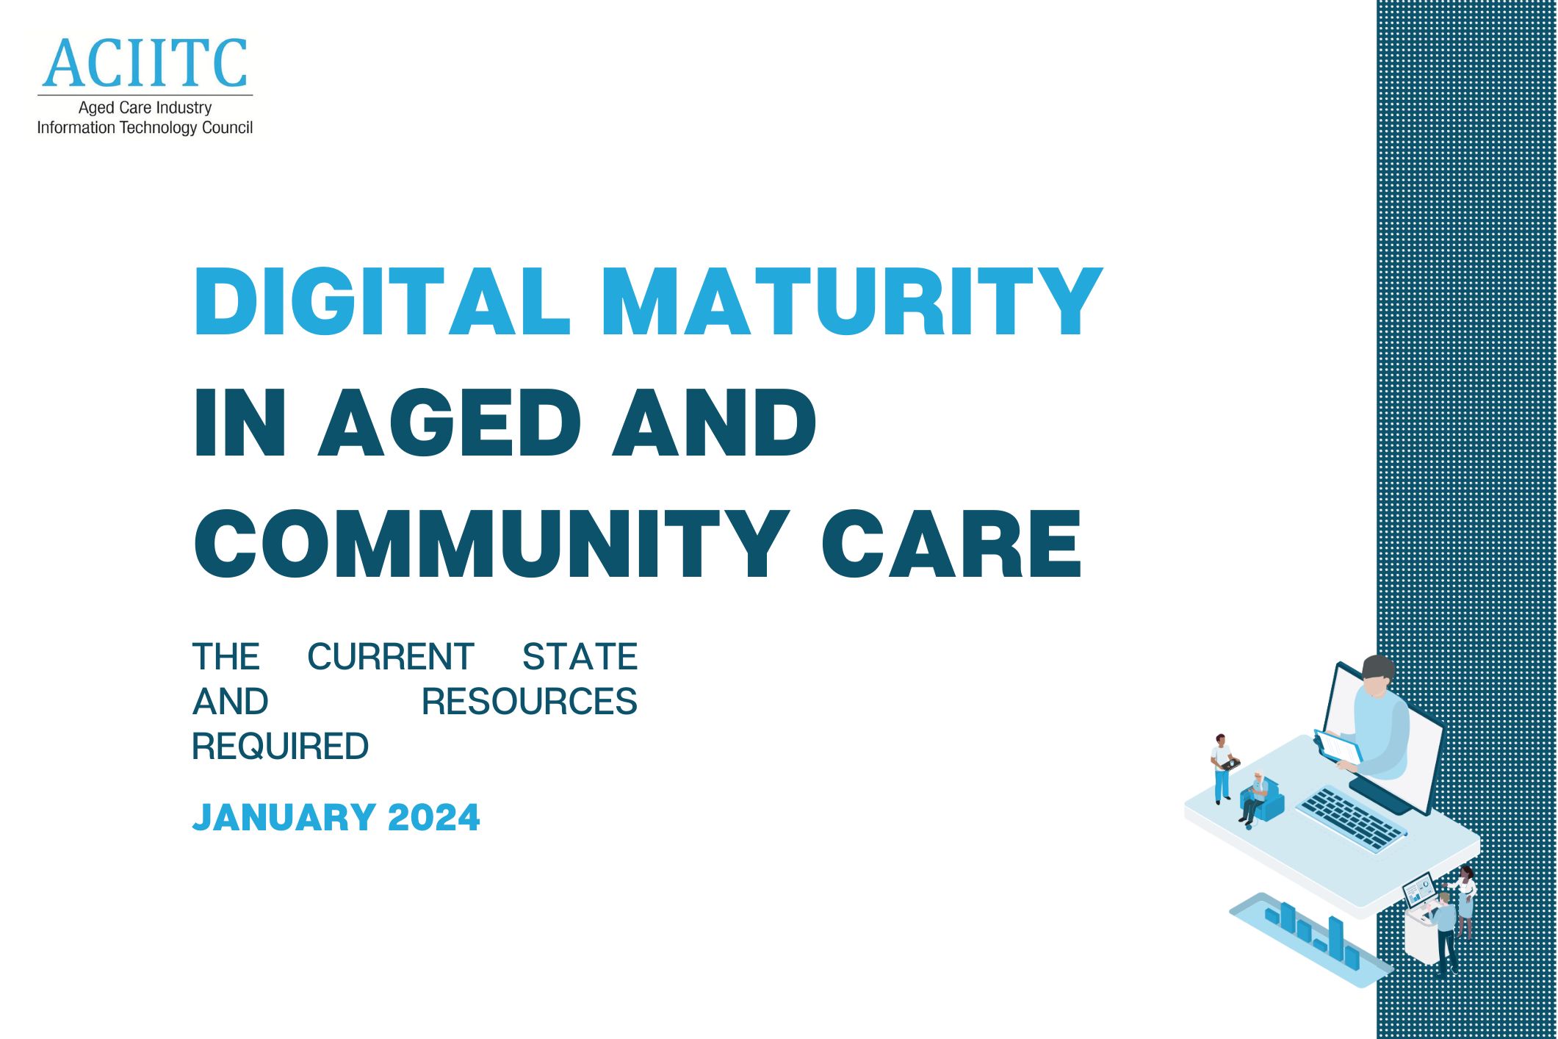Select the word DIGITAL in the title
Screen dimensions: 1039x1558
click(382, 301)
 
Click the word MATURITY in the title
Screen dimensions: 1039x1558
click(852, 301)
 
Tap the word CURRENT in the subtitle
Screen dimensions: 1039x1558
click(390, 657)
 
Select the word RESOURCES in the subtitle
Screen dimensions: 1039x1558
click(529, 702)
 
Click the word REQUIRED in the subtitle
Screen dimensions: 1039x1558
click(280, 747)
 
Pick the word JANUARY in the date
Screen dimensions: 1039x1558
click(284, 818)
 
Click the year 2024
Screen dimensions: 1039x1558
click(433, 818)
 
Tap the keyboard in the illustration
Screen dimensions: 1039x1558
click(1351, 818)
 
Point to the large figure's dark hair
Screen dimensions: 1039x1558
click(1377, 668)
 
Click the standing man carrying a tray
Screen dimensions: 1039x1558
click(1222, 768)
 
